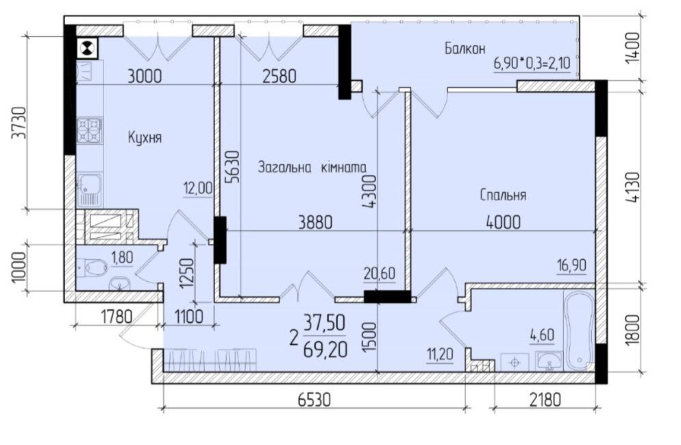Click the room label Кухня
(x=145, y=138)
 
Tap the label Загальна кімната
(x=312, y=167)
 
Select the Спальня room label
(x=503, y=195)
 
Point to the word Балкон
(x=464, y=48)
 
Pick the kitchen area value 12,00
(x=198, y=187)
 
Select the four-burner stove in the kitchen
(x=89, y=130)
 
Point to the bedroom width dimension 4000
(x=502, y=221)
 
